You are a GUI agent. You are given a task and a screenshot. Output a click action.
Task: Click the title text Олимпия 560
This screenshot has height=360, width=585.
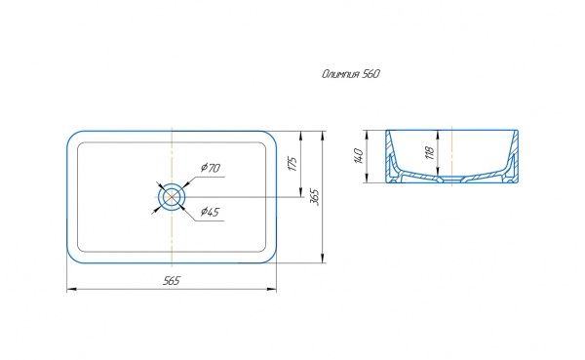point(351,74)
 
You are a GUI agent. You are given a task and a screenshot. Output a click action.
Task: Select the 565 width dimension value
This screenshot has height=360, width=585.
point(172,280)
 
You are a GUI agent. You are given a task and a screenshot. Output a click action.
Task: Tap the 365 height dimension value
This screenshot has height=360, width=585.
point(315,197)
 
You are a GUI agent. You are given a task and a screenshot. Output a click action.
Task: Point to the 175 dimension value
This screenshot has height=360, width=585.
point(293,164)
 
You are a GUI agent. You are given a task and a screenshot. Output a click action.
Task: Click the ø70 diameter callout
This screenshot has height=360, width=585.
point(211,168)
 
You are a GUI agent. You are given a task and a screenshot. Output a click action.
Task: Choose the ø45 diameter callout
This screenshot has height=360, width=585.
point(210,212)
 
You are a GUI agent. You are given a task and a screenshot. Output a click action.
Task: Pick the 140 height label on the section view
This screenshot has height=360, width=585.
point(358,156)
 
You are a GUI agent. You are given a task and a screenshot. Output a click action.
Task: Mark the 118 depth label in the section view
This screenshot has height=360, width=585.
point(430,152)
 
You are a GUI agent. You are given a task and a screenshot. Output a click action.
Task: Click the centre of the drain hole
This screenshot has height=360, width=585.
point(172,197)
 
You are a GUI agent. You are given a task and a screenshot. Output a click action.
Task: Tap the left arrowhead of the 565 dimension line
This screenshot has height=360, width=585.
point(71,289)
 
